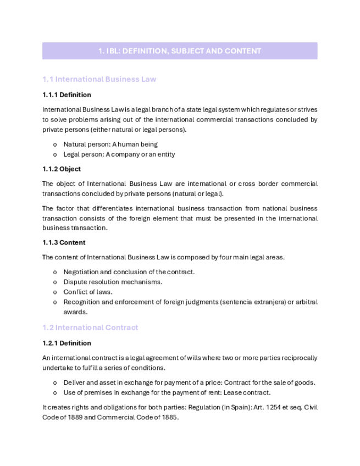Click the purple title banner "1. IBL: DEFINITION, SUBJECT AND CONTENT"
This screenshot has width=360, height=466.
click(x=180, y=51)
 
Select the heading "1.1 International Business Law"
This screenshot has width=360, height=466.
click(x=99, y=79)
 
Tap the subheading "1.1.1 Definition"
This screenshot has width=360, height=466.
click(x=67, y=95)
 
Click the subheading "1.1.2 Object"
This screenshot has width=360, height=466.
click(x=62, y=169)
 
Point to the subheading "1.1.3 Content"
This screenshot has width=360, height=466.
click(x=64, y=242)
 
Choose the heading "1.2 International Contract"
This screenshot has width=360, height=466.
click(x=90, y=328)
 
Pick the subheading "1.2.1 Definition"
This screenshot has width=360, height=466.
click(x=67, y=343)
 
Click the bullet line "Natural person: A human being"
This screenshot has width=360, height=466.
click(x=110, y=145)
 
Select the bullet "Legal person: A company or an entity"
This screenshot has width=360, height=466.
click(x=119, y=154)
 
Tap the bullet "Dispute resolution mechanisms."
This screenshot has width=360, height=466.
click(x=113, y=282)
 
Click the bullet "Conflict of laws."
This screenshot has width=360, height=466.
click(x=87, y=292)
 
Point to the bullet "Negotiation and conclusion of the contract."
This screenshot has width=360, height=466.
click(x=129, y=272)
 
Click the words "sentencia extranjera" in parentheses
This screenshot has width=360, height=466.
click(x=253, y=302)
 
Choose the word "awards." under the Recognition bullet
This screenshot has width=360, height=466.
click(x=75, y=312)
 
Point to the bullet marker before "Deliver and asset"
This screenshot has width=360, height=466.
click(x=55, y=383)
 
